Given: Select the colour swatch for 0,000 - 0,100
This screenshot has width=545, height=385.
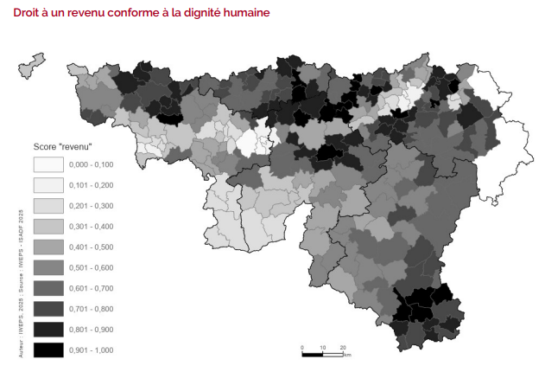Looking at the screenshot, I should click(48, 164).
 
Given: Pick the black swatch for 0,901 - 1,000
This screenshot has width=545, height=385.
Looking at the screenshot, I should click(48, 350).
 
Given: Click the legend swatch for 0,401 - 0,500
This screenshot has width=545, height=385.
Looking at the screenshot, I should click(48, 247).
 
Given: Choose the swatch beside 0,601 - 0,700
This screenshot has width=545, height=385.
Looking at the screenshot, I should click(48, 288).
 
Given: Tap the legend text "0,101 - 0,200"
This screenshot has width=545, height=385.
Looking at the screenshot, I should click(91, 185).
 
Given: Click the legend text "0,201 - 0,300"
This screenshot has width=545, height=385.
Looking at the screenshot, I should click(91, 206).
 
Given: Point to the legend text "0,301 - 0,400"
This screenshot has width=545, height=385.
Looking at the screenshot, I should click(91, 227).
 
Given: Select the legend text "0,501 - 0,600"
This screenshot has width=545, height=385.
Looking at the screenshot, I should click(91, 267).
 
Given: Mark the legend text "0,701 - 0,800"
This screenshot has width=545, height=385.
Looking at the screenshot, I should click(91, 309).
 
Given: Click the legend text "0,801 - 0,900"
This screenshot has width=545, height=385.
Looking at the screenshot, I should click(91, 330).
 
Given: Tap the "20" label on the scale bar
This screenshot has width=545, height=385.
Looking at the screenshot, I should click(343, 346).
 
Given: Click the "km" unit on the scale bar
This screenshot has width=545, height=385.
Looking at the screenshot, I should click(346, 355).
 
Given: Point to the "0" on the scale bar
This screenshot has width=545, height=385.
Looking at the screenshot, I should click(302, 346).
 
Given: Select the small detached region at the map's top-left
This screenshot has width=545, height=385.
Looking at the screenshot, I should click(31, 64).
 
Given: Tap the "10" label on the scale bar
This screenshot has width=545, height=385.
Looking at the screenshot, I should click(322, 346).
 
